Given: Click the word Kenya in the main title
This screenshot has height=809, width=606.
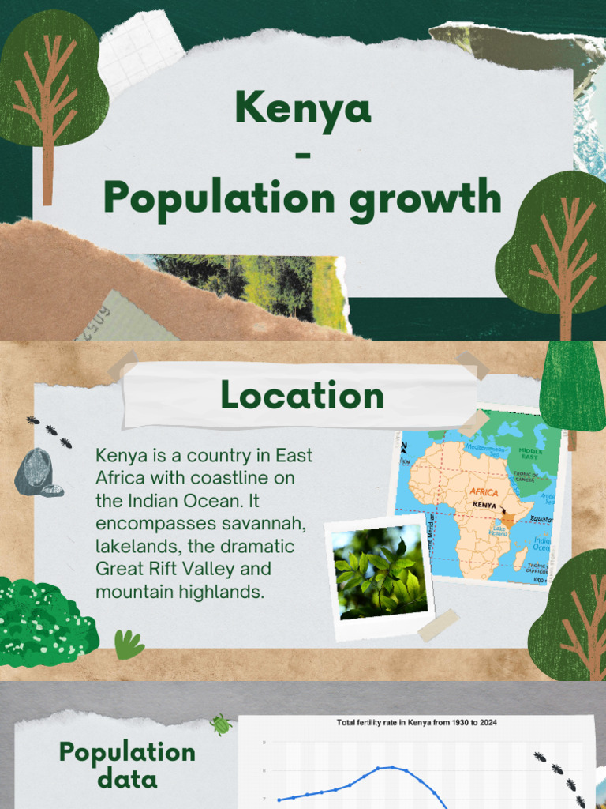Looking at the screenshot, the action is [x=303, y=108].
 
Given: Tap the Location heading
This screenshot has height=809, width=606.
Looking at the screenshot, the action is [x=302, y=395].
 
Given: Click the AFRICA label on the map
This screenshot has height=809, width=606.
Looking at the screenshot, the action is [x=484, y=492].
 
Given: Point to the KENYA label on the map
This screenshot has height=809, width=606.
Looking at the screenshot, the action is [x=484, y=505].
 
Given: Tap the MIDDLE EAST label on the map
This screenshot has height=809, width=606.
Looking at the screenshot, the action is [x=530, y=454].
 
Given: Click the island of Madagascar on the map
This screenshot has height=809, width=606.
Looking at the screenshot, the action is [x=521, y=558].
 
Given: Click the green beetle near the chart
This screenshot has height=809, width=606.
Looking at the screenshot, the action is [x=220, y=723].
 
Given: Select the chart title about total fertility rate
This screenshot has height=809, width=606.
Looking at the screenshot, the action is [x=417, y=722].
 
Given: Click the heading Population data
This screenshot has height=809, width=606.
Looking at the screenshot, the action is [x=127, y=765].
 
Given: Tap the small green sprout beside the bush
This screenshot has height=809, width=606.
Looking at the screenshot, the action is [x=128, y=645].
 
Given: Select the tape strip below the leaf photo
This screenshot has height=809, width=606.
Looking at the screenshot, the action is [x=438, y=625].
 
